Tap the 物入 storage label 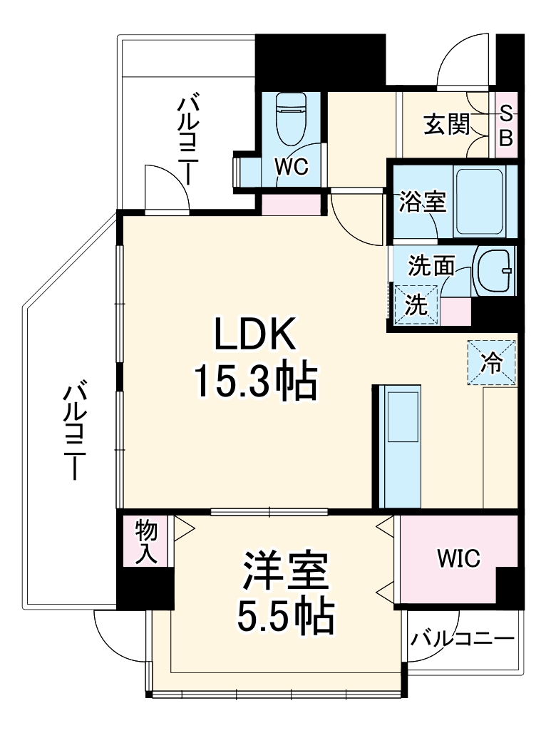point(146,541)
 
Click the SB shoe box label point(505,125)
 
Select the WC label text point(292,168)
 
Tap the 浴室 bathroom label point(423,203)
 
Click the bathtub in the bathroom point(480,202)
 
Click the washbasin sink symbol point(493,271)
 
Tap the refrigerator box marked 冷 point(491,362)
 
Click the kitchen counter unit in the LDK point(398,446)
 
